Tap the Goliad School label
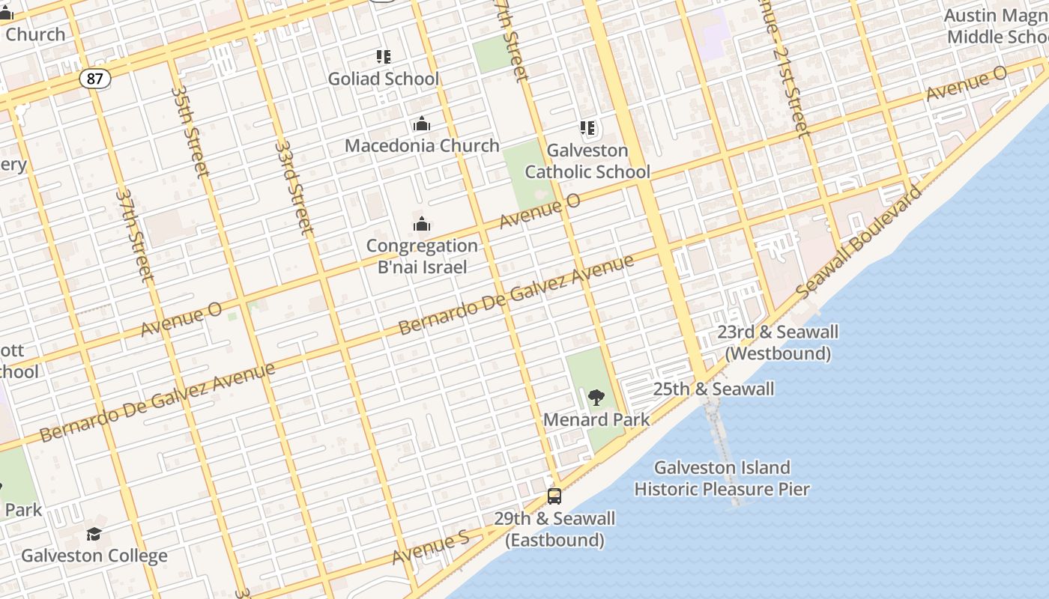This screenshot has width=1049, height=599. tap(384, 79)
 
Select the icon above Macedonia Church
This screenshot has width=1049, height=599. tap(422, 124)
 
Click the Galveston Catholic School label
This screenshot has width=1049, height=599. tap(587, 161)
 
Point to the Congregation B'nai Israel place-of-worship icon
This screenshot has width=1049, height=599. tap(422, 224)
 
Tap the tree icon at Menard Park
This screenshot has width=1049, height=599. tap(596, 397)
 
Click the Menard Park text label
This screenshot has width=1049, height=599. tap(596, 419)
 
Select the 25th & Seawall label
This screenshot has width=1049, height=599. tap(713, 389)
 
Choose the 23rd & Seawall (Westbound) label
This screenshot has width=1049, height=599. tap(778, 342)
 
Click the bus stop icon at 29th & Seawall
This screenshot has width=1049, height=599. tap(554, 496)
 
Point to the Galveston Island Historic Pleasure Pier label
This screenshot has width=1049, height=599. tap(722, 478)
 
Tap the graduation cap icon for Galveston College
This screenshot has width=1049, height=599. tap(94, 534)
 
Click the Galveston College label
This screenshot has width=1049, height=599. tap(94, 556)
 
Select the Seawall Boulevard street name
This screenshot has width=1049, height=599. tap(859, 240)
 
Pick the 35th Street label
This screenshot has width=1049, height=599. tap(190, 130)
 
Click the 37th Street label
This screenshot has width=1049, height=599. tap(135, 235)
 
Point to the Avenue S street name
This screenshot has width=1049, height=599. tap(430, 547)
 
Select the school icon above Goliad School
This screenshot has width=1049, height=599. tap(384, 56)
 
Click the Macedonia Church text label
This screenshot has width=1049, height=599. tap(422, 145)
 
